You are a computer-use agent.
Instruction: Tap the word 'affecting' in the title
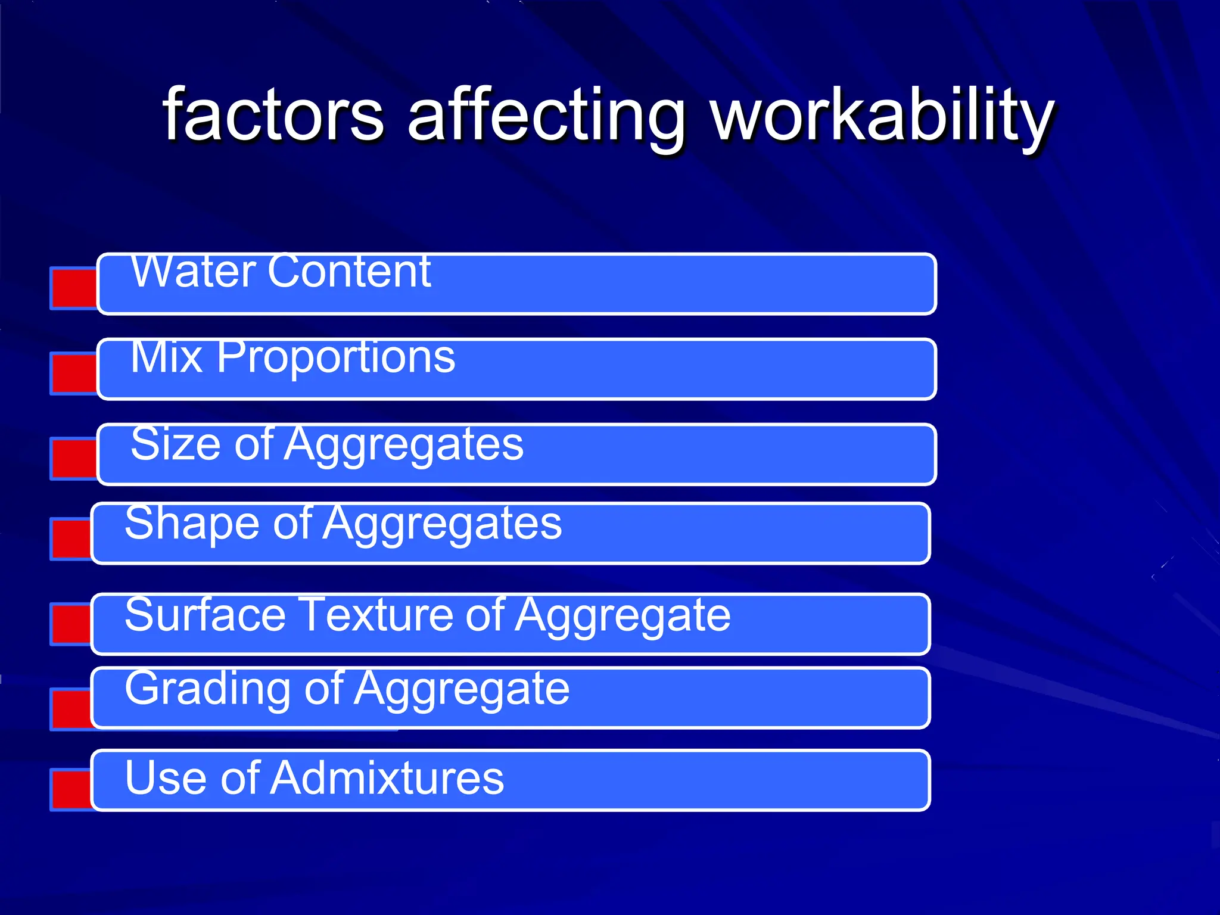546,116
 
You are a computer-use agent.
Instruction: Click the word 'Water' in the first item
193,272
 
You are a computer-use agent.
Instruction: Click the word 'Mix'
166,357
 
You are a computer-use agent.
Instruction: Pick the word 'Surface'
206,615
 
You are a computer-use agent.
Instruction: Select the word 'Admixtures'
387,778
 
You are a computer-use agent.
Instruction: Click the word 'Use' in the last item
167,778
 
